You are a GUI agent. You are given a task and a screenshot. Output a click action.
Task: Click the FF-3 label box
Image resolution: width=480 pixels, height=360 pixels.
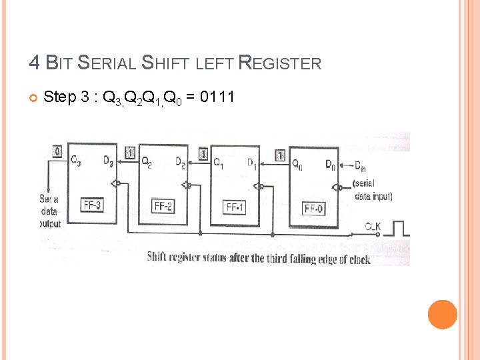point(92,205)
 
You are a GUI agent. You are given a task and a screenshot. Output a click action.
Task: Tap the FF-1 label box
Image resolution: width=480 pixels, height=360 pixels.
point(235,207)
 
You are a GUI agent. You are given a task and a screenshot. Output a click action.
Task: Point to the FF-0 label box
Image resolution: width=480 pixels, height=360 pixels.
point(314,209)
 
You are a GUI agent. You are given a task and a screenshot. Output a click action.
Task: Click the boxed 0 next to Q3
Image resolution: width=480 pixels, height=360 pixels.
point(57,153)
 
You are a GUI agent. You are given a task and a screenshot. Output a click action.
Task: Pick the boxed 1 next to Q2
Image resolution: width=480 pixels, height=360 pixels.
point(130,153)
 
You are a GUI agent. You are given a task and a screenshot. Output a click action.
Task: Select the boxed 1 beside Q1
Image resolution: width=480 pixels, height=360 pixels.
point(203,155)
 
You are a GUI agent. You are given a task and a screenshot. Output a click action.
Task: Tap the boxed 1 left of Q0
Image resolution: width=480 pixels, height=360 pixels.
point(280,156)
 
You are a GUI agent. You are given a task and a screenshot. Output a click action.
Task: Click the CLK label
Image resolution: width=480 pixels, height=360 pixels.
point(372,227)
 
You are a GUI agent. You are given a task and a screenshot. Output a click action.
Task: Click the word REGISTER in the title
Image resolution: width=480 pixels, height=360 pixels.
point(279,64)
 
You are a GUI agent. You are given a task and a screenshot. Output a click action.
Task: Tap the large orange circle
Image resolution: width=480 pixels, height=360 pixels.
point(442,314)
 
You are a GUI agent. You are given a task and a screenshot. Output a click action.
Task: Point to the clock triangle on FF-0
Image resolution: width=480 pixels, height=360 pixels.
point(338,187)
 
